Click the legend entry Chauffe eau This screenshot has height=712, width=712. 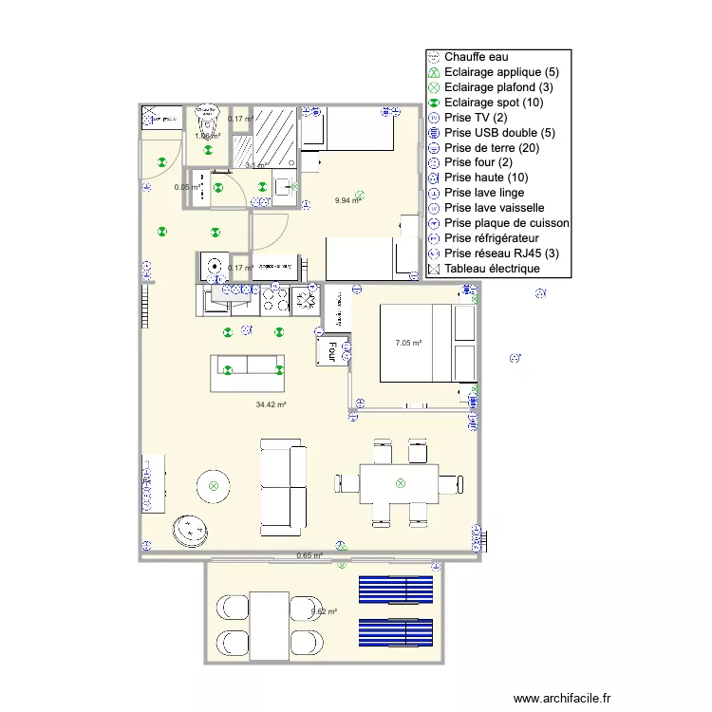tap(476, 57)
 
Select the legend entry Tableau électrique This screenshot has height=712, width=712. tap(492, 269)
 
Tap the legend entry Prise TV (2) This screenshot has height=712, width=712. tap(475, 118)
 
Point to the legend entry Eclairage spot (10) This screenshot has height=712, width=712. tap(493, 103)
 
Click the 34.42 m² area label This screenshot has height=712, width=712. tap(271, 404)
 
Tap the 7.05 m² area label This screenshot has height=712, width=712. tap(408, 343)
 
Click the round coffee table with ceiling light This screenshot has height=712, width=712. tap(214, 486)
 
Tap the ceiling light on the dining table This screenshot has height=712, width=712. tap(400, 483)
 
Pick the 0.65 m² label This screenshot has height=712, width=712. tap(309, 555)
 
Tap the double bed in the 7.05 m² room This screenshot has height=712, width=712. tap(418, 343)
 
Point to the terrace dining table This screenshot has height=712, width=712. tap(270, 624)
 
